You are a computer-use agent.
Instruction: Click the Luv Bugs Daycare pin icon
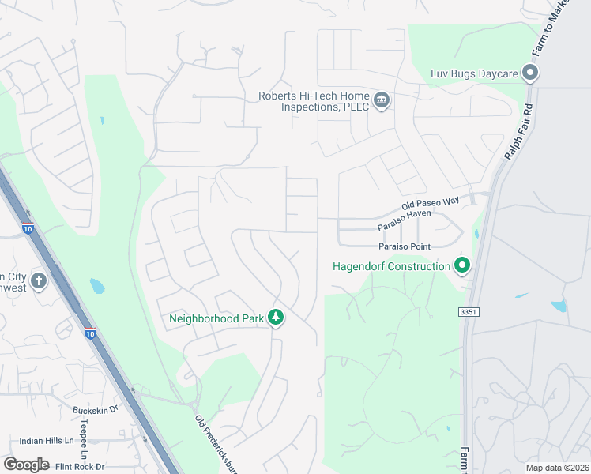pyautogui.click(x=530, y=74)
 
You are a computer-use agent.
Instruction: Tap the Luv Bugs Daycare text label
pyautogui.click(x=473, y=74)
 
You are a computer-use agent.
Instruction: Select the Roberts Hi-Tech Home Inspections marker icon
pyautogui.click(x=382, y=100)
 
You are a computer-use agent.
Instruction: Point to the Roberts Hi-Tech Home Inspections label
pyautogui.click(x=314, y=101)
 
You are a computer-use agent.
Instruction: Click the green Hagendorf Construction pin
pyautogui.click(x=462, y=265)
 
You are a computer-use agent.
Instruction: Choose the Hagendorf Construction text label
pyautogui.click(x=391, y=266)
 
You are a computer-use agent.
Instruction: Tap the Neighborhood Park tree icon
pyautogui.click(x=276, y=318)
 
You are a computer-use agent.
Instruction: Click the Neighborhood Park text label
pyautogui.click(x=216, y=319)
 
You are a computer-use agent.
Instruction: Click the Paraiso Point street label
pyautogui.click(x=425, y=246)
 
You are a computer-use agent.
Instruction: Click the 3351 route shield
pyautogui.click(x=468, y=313)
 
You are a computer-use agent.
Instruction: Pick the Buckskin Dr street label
pyautogui.click(x=95, y=410)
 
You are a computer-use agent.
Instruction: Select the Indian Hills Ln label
pyautogui.click(x=47, y=440)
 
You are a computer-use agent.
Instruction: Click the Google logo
pyautogui.click(x=26, y=465)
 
